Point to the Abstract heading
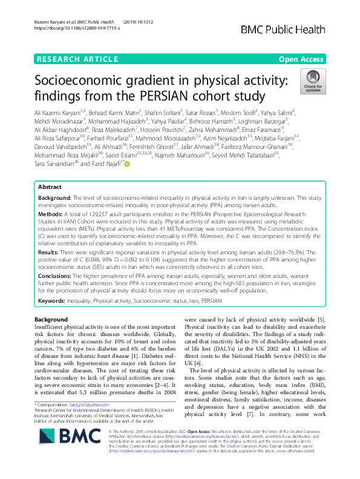pos(51,154)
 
